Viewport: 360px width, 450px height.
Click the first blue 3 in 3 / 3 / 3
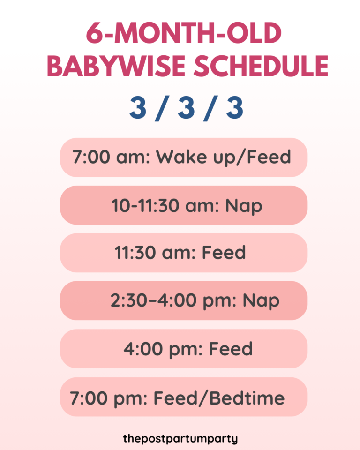click(138, 108)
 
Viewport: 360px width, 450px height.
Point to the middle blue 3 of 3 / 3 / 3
click(185, 108)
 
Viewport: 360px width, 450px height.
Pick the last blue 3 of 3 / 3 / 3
click(234, 108)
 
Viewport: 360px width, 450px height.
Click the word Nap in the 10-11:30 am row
click(243, 205)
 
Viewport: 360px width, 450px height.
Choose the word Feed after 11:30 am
click(224, 253)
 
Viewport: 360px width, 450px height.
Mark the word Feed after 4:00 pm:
click(231, 349)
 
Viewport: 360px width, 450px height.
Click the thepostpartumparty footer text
click(180, 439)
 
